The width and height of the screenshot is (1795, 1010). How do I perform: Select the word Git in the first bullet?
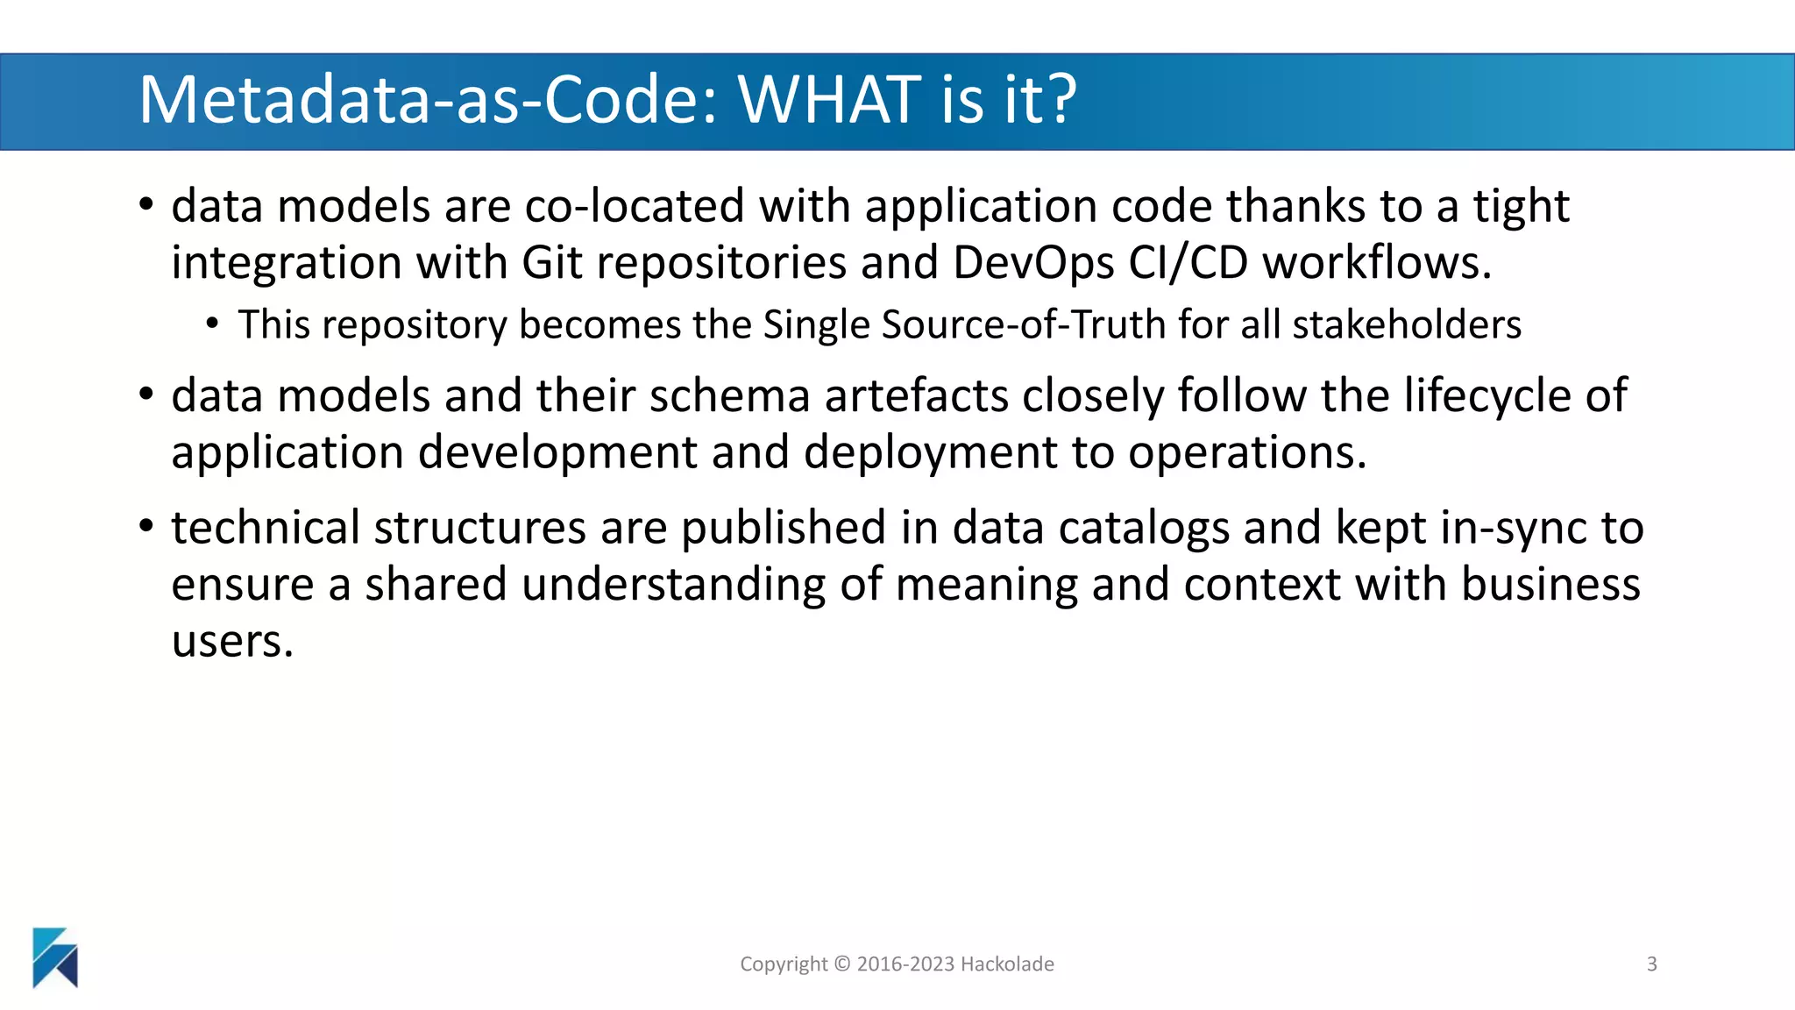coord(552,263)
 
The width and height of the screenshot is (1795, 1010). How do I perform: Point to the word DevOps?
coord(1033,263)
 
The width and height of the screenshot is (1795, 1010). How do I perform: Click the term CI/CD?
coord(1188,263)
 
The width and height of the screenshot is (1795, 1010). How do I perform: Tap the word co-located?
coord(634,207)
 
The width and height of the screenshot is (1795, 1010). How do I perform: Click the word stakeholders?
coord(1407,324)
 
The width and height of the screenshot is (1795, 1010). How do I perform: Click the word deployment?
coord(930,453)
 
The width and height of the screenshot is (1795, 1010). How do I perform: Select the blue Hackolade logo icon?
coord(55,957)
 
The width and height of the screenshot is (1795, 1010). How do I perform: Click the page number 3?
coord(1651,964)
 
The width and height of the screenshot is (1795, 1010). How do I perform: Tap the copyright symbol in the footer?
coord(842,964)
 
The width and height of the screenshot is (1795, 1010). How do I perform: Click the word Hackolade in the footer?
coord(1007,964)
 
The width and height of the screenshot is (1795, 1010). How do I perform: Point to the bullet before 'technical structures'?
coord(146,527)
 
